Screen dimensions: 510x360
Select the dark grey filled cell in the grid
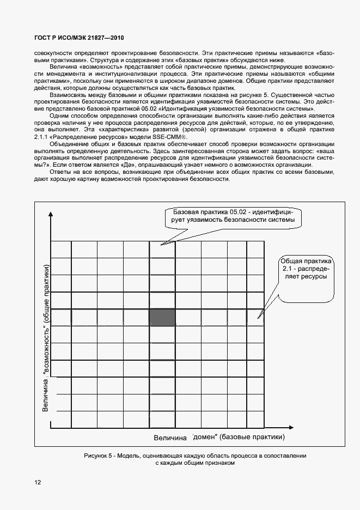(162, 317)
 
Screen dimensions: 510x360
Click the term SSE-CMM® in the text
(173, 137)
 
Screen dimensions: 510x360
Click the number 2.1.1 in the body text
(42, 137)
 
